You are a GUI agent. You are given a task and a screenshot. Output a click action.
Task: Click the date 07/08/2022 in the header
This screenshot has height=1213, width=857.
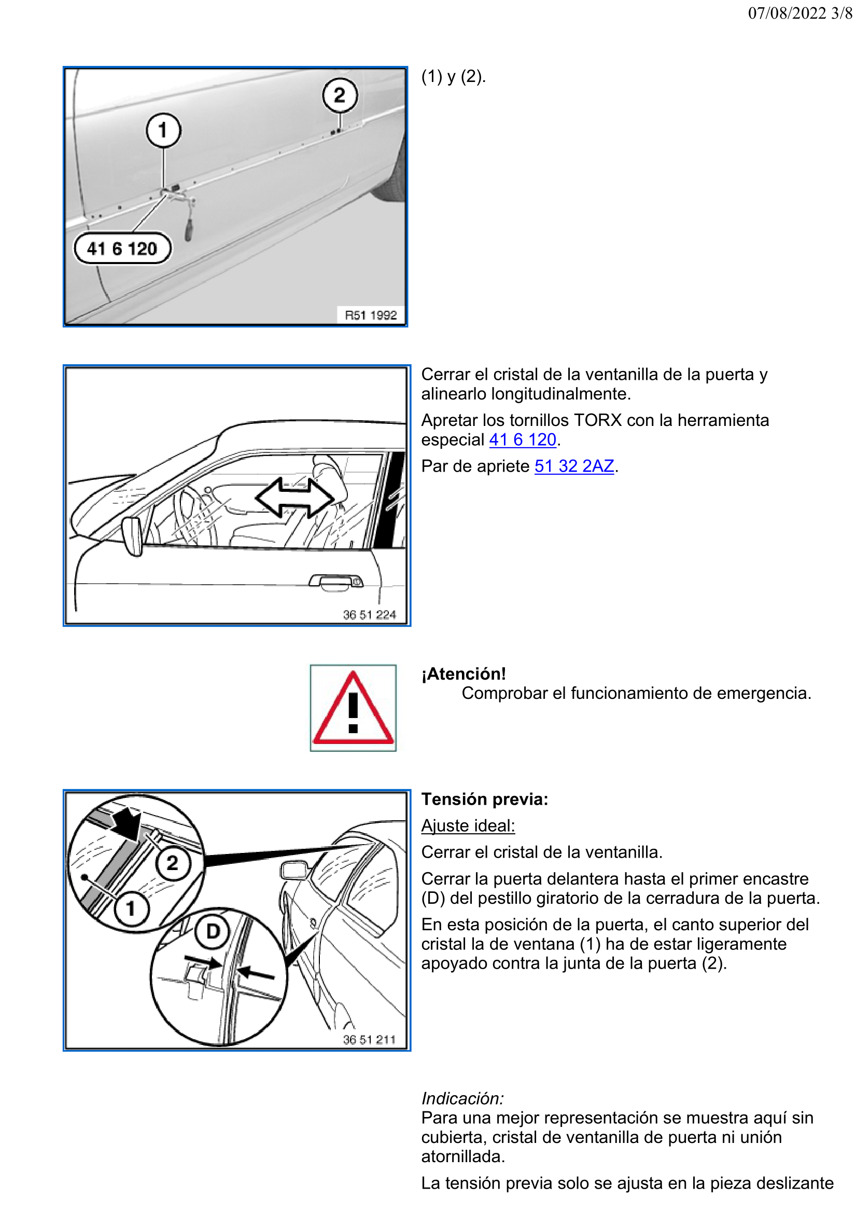786,12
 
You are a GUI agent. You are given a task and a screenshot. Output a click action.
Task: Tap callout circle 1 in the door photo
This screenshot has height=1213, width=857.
163,130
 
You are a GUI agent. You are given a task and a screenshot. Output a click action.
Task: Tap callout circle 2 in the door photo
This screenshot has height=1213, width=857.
340,95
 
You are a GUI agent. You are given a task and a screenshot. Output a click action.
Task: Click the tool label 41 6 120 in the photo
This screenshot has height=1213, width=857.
122,249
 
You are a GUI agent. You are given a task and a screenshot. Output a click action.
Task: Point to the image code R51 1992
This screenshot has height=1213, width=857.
370,315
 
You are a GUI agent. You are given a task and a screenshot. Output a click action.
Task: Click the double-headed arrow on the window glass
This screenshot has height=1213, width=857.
294,497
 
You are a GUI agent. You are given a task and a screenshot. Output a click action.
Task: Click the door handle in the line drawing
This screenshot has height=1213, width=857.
336,582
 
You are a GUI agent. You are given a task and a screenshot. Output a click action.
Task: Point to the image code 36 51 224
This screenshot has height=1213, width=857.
369,614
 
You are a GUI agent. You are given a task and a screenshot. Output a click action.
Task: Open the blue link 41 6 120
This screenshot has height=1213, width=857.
522,439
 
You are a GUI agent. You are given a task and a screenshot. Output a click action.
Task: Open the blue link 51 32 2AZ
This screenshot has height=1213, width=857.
573,466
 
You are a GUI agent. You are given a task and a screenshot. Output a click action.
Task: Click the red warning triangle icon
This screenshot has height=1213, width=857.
353,708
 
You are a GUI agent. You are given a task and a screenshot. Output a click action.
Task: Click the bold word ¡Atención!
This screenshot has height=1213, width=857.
463,673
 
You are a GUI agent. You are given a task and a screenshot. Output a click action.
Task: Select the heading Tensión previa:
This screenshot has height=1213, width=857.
484,799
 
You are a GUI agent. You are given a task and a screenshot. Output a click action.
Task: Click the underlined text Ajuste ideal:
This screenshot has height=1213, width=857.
467,825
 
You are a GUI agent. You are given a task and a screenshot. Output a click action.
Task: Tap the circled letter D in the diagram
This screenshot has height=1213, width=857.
212,931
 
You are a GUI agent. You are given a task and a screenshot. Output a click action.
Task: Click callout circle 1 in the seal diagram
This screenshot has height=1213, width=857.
131,908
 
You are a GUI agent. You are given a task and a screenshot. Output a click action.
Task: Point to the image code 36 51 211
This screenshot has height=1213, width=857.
369,1040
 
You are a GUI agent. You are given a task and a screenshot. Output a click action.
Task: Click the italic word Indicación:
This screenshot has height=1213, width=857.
462,1098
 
